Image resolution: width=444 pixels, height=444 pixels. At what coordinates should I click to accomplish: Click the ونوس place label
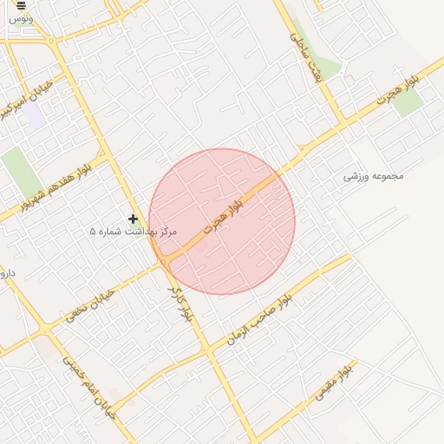pos(23,18)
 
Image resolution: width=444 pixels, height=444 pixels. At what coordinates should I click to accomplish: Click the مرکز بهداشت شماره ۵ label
pos(133,232)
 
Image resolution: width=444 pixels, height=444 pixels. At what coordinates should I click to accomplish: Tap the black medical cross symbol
pos(133,219)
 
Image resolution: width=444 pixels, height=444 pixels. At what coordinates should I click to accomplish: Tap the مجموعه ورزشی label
pos(374,176)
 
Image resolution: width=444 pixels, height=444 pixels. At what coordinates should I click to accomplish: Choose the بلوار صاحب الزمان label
pos(258,319)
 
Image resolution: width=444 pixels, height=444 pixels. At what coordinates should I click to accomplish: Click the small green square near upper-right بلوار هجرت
pos(408,102)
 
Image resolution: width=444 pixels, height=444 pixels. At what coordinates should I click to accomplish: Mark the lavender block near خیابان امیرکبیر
pos(36,117)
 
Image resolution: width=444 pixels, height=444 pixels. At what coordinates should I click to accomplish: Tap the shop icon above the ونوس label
pos(22,5)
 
